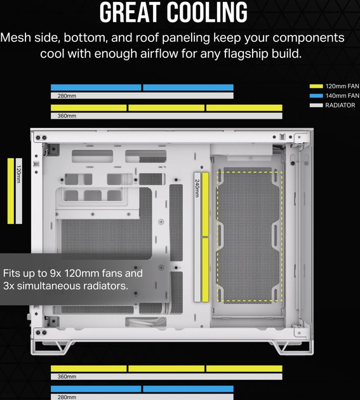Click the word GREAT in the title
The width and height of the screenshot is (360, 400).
point(128,12)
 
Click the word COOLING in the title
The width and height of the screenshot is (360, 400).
point(207,12)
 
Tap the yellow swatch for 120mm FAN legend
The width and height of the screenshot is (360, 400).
point(316,86)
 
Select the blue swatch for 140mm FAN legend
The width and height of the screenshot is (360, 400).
point(316,96)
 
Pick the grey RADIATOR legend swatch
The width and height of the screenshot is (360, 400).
point(316,105)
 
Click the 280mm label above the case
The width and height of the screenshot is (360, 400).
point(67,96)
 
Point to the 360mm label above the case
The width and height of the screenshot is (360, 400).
point(67,116)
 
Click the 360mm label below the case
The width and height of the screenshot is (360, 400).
point(67,377)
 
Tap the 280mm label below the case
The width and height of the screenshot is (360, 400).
point(67,397)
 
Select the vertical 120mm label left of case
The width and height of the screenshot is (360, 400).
point(18,174)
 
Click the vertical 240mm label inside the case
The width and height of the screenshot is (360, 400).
point(197,189)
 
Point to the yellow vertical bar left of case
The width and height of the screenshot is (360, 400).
point(11,191)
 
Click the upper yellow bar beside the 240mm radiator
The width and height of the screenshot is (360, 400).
point(205,204)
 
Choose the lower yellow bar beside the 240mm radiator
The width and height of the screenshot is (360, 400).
point(205,270)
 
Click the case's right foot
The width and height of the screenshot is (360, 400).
point(293,347)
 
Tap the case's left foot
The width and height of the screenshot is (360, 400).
point(51,347)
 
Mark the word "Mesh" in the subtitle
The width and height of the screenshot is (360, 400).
point(16,37)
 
